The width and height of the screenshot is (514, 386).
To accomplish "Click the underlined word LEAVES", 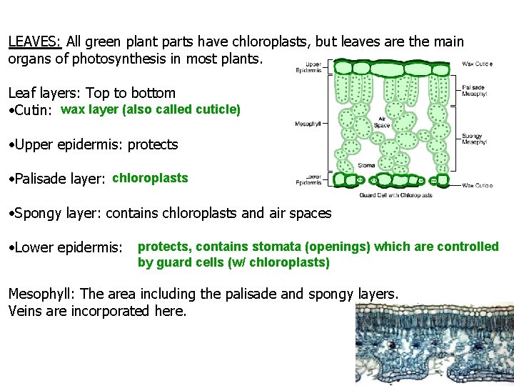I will tap(34, 42).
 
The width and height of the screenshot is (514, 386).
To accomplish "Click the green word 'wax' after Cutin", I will tap(73, 110).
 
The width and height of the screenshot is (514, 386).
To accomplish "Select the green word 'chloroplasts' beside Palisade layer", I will tap(150, 178).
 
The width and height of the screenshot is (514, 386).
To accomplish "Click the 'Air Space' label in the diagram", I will tap(382, 122).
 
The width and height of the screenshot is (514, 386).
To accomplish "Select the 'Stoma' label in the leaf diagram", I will tap(366, 165).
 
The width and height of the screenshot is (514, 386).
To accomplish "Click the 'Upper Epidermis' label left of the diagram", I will tap(309, 68).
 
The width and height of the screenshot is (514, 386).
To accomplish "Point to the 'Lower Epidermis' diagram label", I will tap(309, 179).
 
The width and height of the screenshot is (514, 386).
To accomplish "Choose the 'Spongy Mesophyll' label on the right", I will tap(474, 139).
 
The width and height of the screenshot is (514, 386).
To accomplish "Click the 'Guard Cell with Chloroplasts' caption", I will tap(395, 195).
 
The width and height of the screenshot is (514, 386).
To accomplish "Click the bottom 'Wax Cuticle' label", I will tap(477, 185).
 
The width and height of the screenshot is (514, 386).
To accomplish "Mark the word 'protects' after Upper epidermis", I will tap(153, 144).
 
